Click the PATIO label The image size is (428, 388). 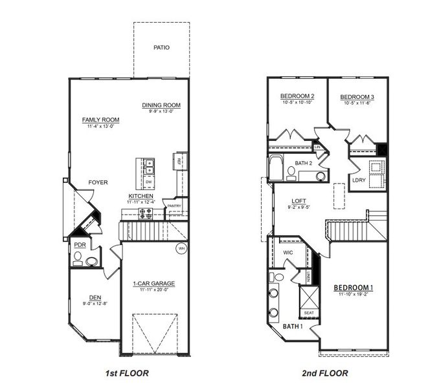point(162,47)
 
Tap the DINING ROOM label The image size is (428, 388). point(161,105)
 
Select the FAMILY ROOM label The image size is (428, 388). point(100,120)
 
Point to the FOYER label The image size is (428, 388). point(98,182)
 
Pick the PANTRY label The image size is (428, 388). point(174,206)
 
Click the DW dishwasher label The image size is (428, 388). point(148,182)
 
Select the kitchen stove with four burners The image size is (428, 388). point(146,212)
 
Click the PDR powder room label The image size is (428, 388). point(80,245)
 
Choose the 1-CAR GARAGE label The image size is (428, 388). point(153,284)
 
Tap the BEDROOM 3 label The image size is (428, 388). point(357,97)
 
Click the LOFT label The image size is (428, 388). point(298,200)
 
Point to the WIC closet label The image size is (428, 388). point(289,252)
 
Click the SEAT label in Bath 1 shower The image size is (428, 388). point(309,312)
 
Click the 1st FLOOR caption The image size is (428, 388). point(128,373)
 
